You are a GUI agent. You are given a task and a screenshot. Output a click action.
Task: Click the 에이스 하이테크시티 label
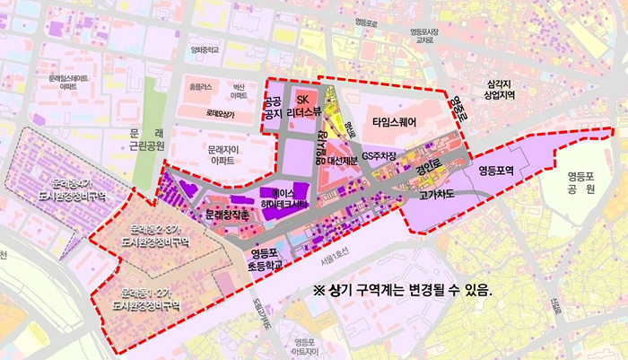[x=283, y=199]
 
